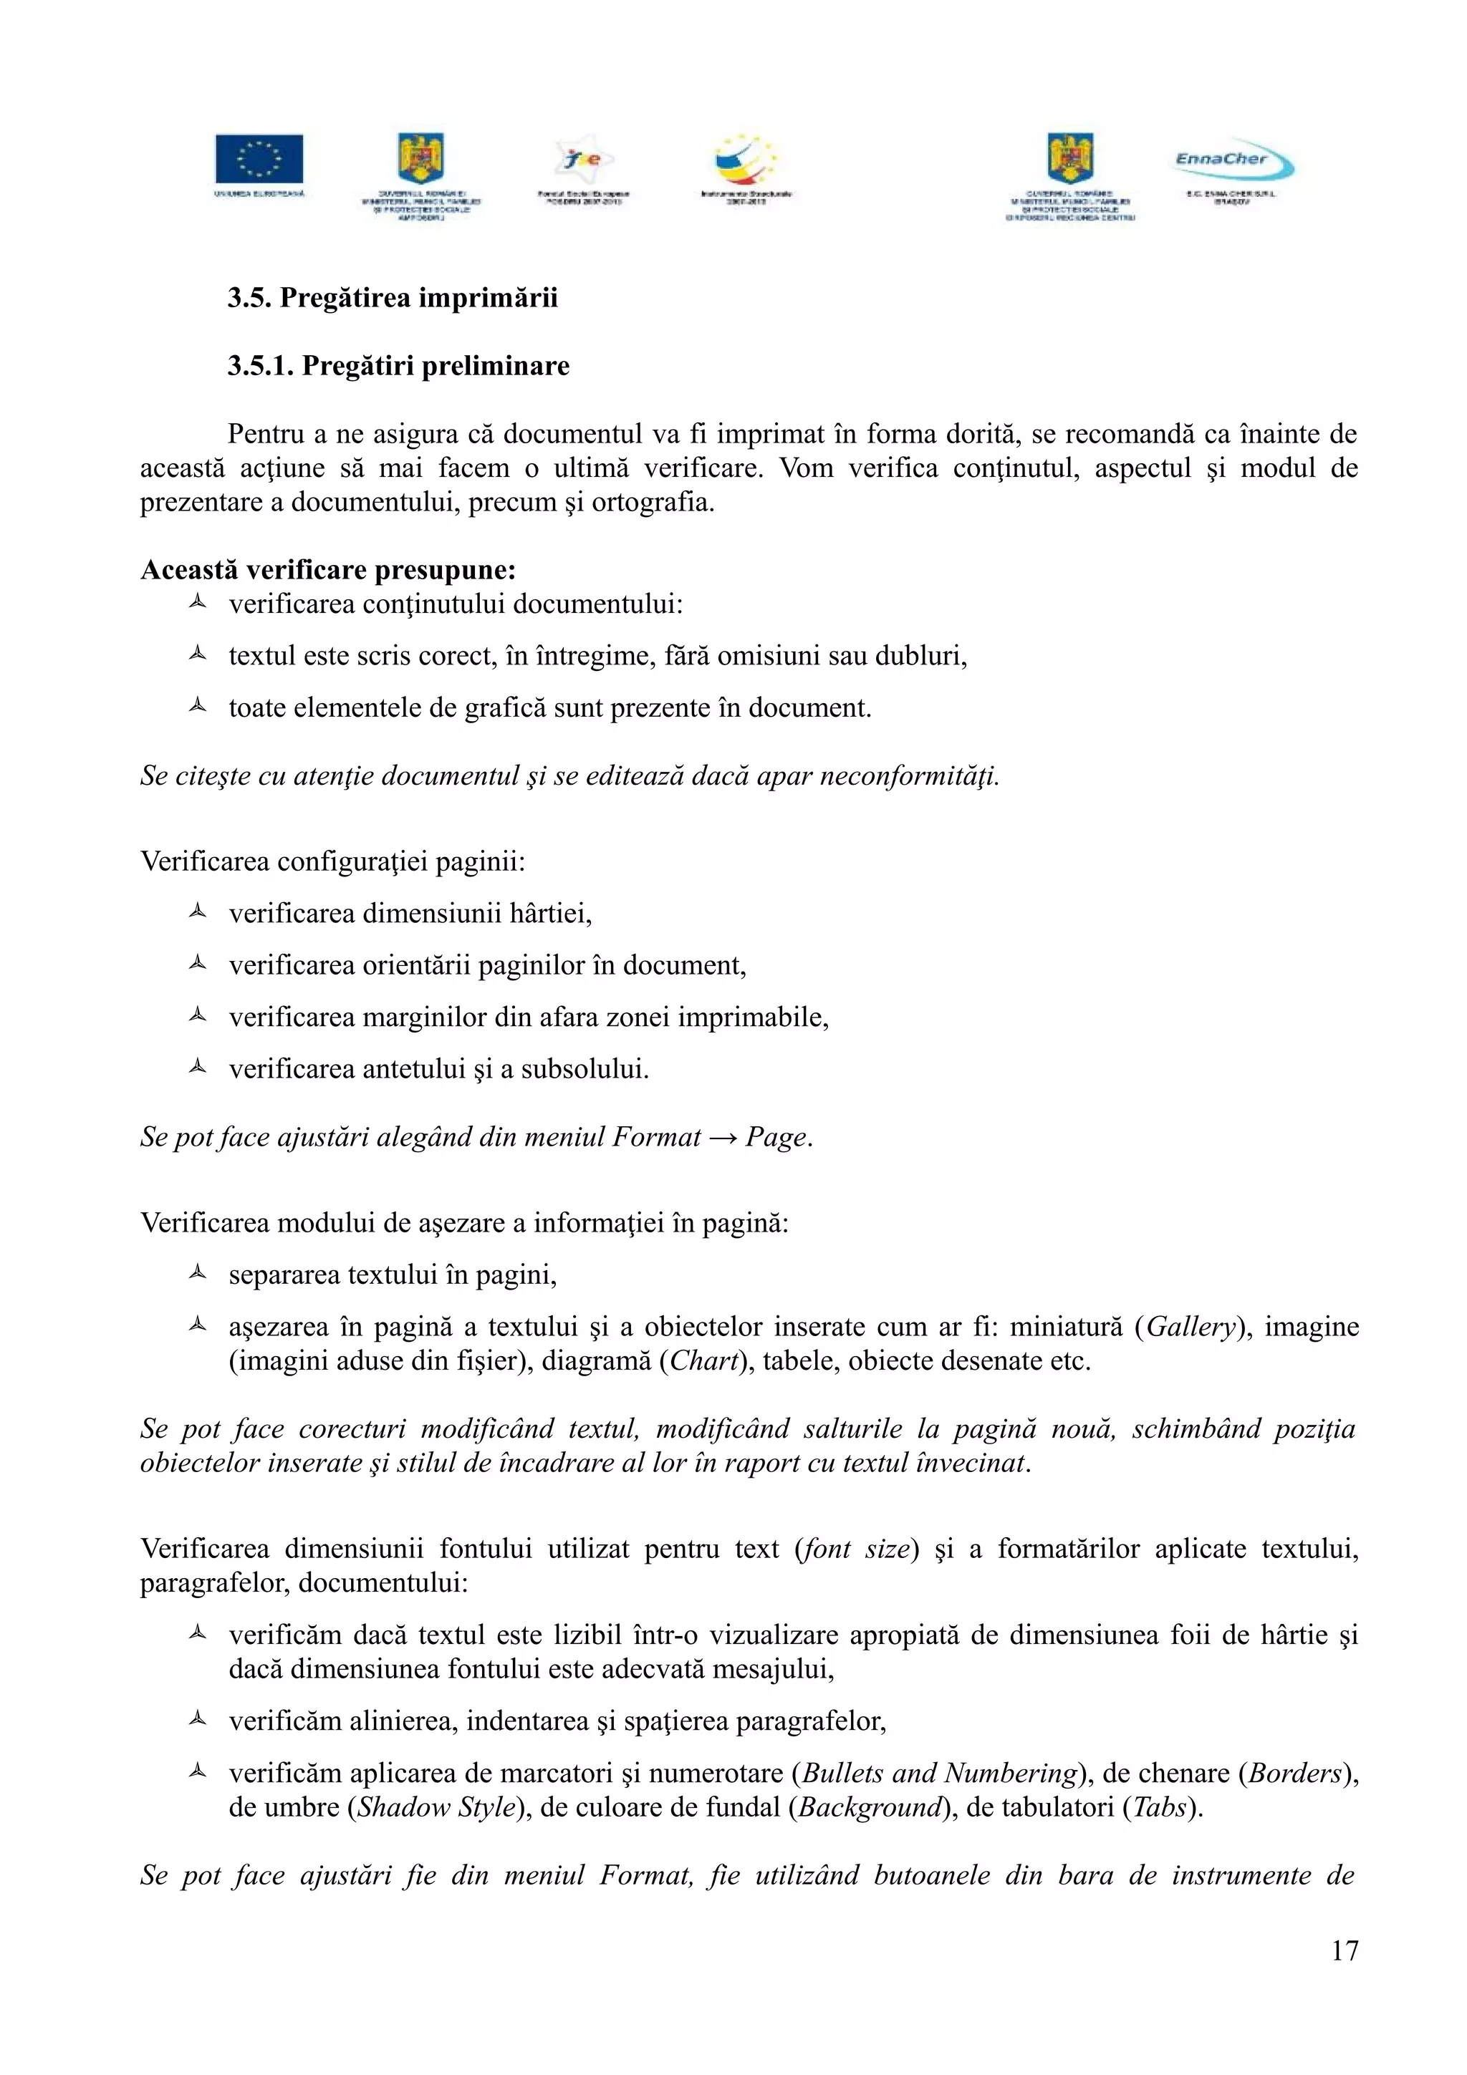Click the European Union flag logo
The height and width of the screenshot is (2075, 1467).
(x=259, y=159)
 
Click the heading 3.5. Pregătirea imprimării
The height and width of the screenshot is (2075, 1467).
(x=393, y=297)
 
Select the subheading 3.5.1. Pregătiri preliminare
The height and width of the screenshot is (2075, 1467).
(x=398, y=366)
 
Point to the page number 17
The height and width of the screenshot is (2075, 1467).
(x=1344, y=1951)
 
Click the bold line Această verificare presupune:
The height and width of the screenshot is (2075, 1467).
(x=328, y=570)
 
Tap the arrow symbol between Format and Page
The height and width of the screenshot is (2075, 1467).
(x=722, y=1137)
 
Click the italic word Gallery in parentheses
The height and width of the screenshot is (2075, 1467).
(x=1190, y=1327)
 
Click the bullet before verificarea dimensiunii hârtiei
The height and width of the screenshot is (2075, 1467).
(x=198, y=912)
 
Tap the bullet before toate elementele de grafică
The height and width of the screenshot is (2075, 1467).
(x=198, y=706)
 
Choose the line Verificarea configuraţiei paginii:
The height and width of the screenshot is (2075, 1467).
(x=332, y=861)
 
